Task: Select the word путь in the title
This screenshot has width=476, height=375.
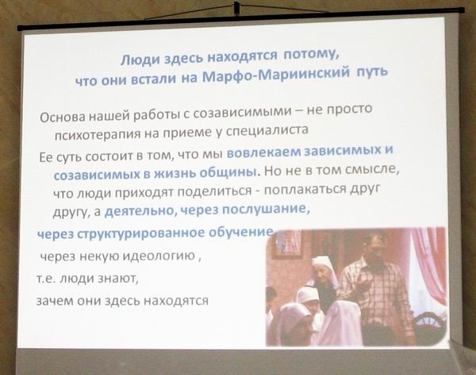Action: click(372, 72)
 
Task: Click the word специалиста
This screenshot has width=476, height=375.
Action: click(268, 130)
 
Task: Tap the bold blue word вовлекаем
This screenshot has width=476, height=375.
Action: click(263, 152)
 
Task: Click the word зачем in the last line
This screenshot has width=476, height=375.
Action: click(54, 301)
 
